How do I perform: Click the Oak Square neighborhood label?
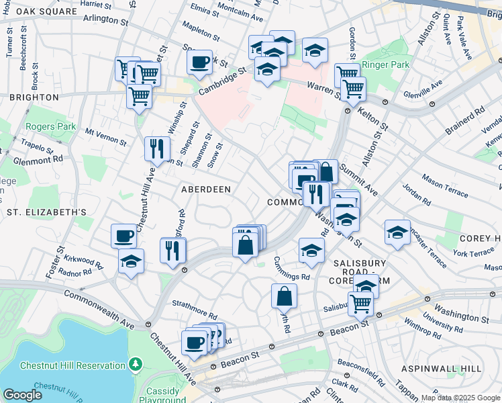coord(39,12)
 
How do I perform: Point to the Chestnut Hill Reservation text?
coord(72,365)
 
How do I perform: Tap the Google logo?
coord(22,395)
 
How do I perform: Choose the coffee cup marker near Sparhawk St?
coord(199,62)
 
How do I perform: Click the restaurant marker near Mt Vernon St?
coord(157,148)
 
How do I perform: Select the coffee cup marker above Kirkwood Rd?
coord(124,236)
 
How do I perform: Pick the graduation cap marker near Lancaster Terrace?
coord(397,233)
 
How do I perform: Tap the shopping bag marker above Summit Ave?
coord(325,172)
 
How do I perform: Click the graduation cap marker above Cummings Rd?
coord(311,251)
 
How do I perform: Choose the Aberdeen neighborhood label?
coord(206,189)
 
